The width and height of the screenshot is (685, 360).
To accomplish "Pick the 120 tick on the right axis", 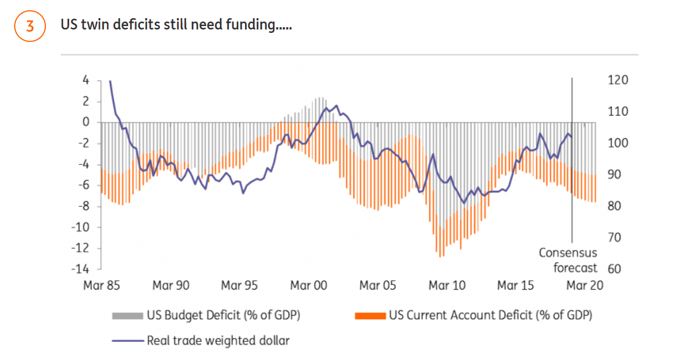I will pos(617,81).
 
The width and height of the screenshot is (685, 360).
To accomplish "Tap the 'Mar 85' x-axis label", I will pos(102,286).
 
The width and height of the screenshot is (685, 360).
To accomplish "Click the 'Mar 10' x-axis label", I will pos(447,286).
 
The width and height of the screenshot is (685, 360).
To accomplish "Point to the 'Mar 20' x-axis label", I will pos(585,286).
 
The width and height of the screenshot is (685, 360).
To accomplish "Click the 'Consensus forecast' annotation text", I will pos(568,260).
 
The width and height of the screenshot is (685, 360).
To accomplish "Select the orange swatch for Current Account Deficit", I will pos(369,315).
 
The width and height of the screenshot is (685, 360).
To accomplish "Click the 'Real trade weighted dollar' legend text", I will pos(218,341).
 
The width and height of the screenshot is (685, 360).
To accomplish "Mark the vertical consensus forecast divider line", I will pos(572,170).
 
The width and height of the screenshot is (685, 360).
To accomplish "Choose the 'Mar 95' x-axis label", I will pos(239,286).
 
